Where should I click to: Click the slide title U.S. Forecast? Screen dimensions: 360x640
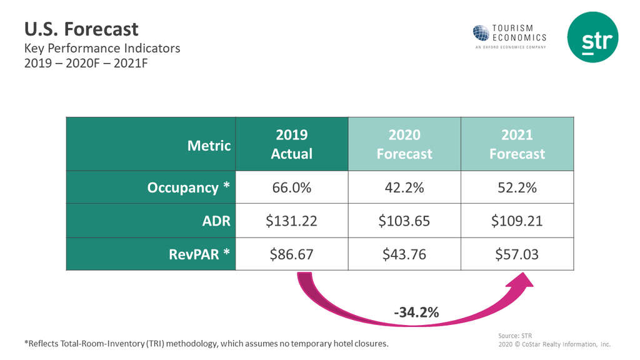click(x=81, y=29)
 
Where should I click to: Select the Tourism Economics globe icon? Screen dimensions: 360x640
click(x=481, y=33)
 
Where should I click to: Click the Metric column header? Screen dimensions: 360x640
click(x=209, y=146)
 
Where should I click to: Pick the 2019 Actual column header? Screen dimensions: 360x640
click(x=291, y=144)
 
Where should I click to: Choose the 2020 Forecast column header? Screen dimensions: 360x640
click(x=404, y=144)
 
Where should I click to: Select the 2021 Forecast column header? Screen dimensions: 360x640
click(x=517, y=144)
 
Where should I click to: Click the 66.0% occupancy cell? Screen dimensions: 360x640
click(x=291, y=187)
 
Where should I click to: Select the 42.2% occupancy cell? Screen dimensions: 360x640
click(x=404, y=187)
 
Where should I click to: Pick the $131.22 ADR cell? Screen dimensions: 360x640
click(x=291, y=221)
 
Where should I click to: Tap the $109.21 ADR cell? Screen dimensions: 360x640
click(x=517, y=221)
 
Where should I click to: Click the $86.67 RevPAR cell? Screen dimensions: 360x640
click(x=291, y=254)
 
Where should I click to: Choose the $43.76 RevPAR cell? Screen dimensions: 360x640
click(x=404, y=254)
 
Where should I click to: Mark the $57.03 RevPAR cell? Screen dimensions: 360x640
click(x=517, y=254)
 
